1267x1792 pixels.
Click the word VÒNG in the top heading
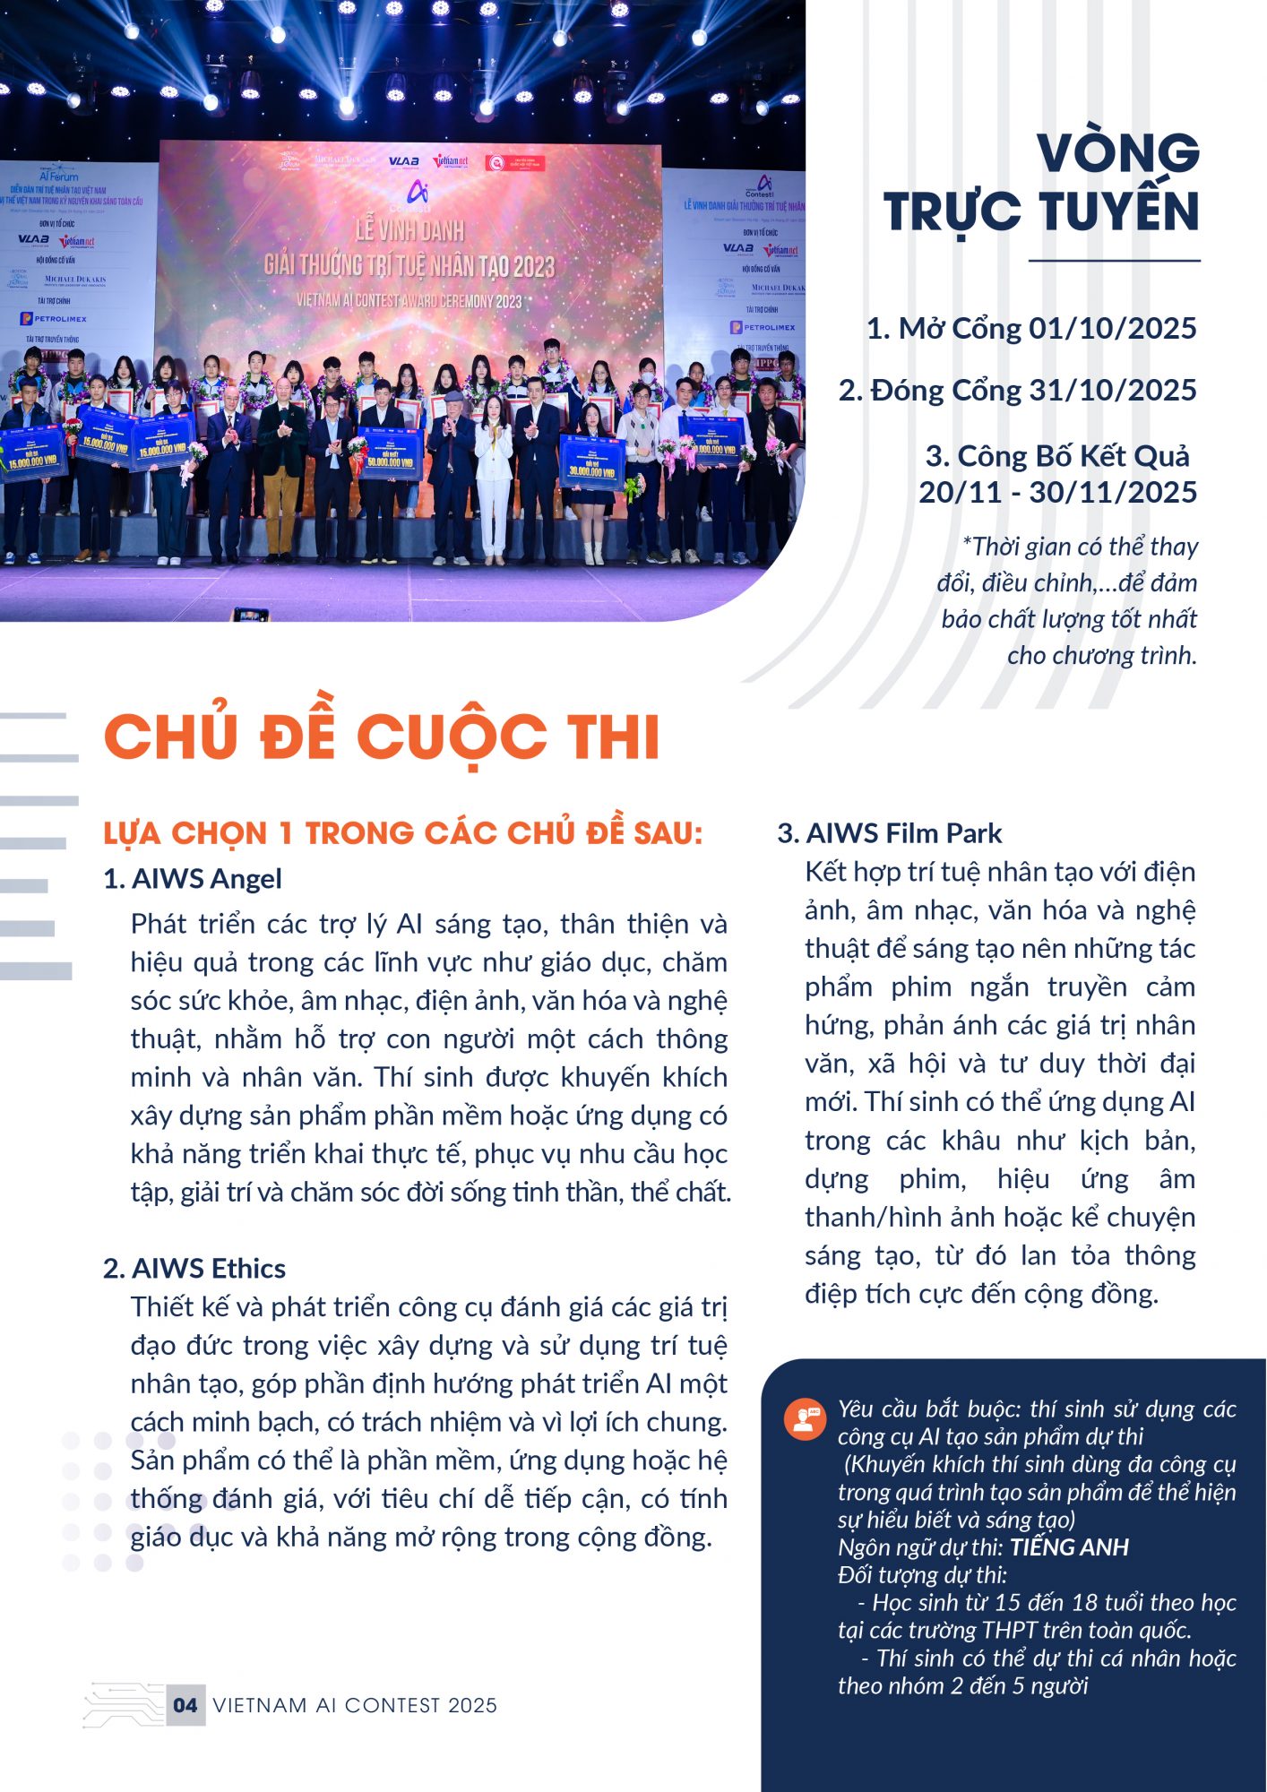1117,153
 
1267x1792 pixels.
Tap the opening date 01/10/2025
1112,329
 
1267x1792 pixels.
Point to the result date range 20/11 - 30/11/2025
1057,492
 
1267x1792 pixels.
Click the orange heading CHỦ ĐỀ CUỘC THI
382,737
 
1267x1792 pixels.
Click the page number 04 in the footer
185,1705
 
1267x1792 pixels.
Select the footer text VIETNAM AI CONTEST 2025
355,1705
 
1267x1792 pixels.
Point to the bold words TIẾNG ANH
1069,1547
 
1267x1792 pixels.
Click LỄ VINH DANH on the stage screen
409,231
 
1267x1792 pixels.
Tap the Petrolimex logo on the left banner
54,319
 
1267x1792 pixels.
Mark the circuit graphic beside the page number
123,1704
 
